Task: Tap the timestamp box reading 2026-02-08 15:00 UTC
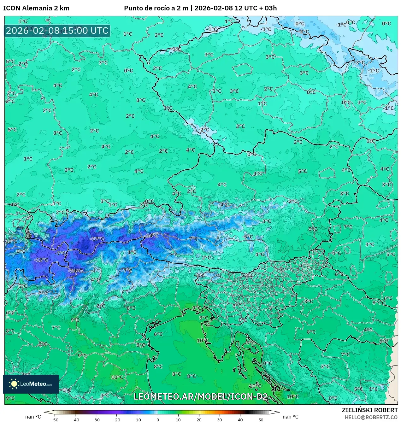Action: (57, 31)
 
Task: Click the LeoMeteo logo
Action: (31, 384)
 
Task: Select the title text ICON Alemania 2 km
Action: (36, 8)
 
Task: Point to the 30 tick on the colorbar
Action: (219, 419)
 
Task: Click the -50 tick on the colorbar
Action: (55, 419)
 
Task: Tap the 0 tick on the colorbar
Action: (157, 419)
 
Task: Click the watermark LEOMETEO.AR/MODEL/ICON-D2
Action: (201, 396)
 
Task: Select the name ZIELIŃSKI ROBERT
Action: (369, 410)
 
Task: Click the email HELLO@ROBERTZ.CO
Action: (371, 417)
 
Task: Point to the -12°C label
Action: (41, 260)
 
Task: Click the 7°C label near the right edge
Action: (348, 227)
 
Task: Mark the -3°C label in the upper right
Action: (359, 62)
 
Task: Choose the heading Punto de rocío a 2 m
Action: (156, 8)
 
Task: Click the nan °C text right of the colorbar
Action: (290, 417)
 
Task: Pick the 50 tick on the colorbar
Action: (261, 419)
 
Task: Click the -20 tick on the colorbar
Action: (116, 419)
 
